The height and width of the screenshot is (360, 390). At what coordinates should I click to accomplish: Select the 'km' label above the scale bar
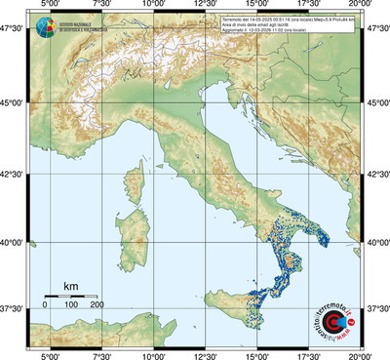[71, 286]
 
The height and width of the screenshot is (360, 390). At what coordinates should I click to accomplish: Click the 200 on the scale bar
[97, 304]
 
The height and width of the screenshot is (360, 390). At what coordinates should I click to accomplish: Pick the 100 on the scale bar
[71, 304]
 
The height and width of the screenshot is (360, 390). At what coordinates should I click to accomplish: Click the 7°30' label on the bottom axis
[99, 354]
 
